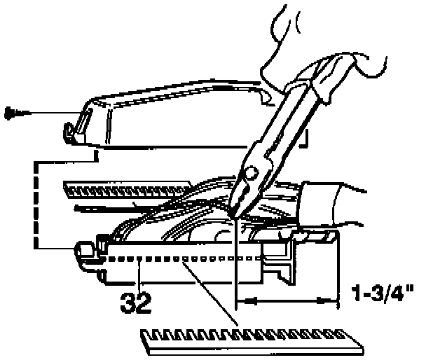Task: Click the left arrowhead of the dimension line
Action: coord(242,301)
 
